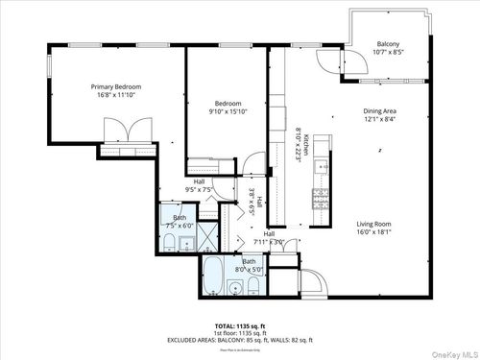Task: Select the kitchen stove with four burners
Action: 321,200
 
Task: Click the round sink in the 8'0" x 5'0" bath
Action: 236,287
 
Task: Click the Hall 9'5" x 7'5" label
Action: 200,185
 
